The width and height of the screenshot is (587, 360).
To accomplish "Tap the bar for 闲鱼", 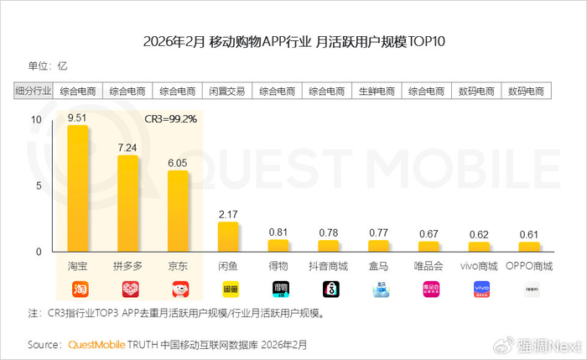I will point(228,237).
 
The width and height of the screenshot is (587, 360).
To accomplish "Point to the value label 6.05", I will point(178,164).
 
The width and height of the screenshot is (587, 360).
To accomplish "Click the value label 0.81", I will point(278,232).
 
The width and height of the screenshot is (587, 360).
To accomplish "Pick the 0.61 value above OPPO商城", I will point(530,234).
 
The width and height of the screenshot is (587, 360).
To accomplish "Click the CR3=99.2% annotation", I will point(171,118).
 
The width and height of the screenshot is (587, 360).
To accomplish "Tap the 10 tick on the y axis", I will point(34,120).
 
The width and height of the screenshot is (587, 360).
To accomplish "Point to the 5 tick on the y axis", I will point(37,185).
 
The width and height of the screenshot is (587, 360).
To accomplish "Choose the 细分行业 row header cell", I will point(34,91).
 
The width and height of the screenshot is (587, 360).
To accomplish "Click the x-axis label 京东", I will point(178,266).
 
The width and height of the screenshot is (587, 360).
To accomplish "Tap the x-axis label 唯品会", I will point(429,266).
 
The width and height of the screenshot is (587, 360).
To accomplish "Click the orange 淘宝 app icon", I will point(77,290).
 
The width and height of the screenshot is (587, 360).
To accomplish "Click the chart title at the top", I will point(293,42).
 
